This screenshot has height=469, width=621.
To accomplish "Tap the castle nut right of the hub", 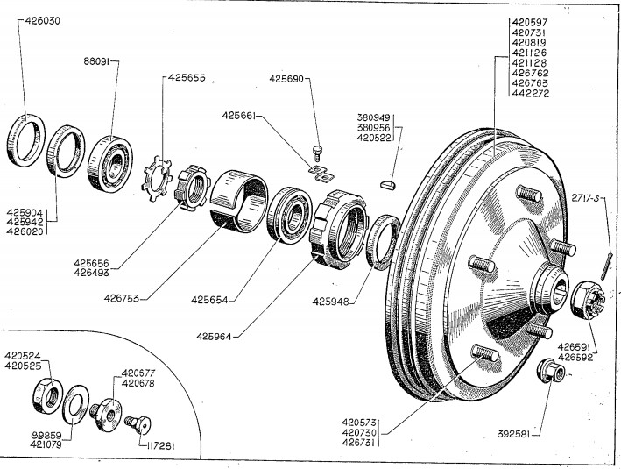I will click(x=585, y=299).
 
